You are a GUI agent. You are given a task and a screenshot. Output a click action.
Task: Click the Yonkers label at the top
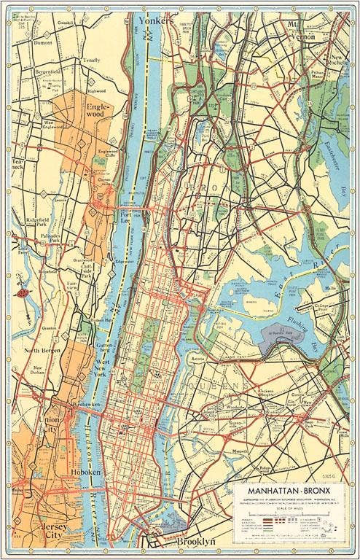point(157,22)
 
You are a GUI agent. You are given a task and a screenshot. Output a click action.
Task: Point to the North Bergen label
point(45,351)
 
